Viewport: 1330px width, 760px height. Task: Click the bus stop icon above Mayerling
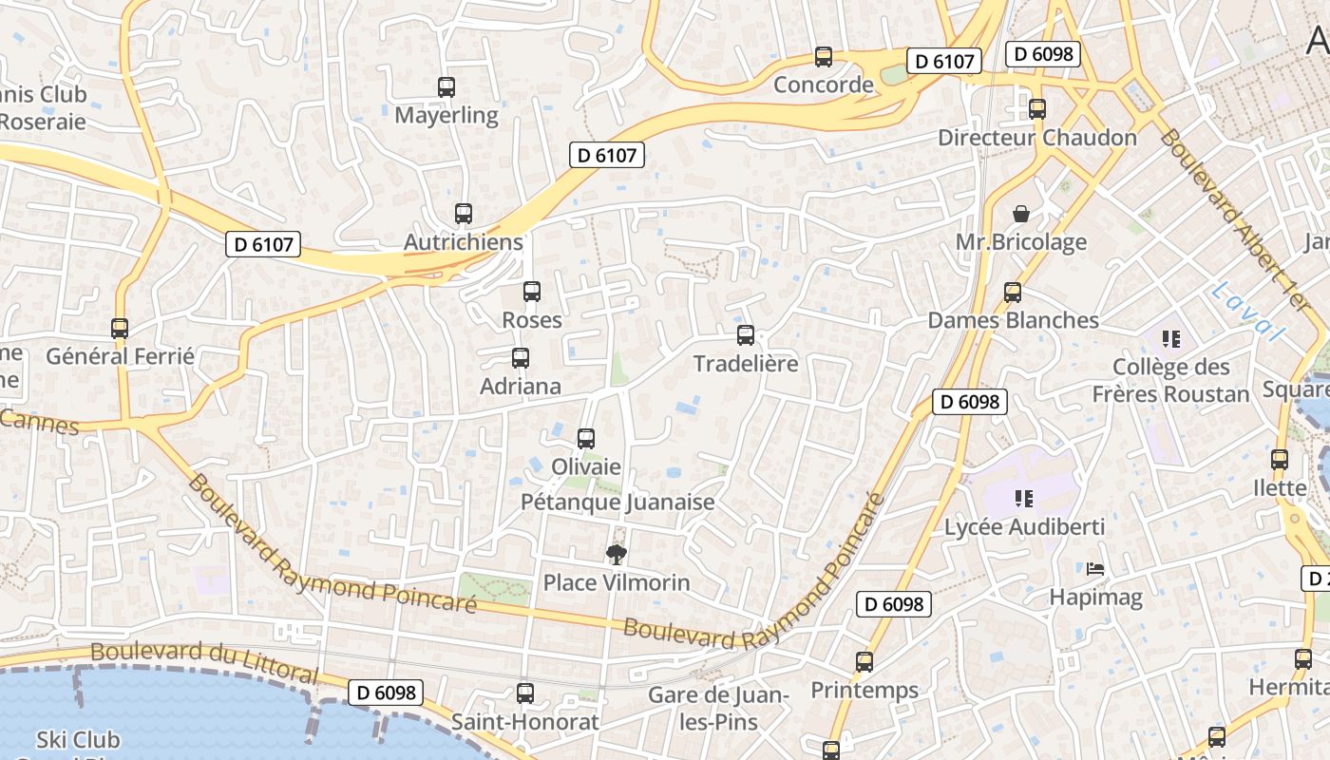point(446,87)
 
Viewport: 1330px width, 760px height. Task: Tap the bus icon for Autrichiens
point(464,214)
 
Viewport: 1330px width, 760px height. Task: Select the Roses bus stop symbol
point(532,292)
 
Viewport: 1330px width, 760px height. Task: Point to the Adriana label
point(521,387)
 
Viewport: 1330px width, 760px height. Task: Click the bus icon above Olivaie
point(586,439)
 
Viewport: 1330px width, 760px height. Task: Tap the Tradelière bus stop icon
point(746,335)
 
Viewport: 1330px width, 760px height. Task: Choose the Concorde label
point(824,85)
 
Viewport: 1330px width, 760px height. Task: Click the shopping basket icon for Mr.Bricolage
point(1021,214)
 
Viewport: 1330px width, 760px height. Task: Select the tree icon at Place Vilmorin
point(617,554)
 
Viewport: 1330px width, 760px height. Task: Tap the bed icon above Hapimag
point(1095,570)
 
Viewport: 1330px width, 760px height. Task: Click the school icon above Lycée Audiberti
point(1024,498)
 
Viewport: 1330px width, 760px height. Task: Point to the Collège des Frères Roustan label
point(1171,380)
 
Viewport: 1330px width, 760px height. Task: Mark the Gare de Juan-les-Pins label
point(718,709)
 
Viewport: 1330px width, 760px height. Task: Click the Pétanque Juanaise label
point(617,502)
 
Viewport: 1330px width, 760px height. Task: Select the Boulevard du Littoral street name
point(205,662)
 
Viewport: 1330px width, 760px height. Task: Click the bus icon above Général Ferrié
point(120,329)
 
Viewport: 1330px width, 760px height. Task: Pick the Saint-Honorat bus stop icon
point(525,693)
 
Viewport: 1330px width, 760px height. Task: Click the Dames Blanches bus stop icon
point(1013,293)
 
